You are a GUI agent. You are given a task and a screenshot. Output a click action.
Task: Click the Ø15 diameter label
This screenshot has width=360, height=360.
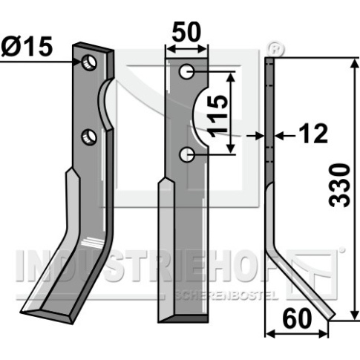click(x=27, y=46)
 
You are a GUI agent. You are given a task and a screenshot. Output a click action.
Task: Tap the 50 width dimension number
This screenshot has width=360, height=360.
click(x=186, y=32)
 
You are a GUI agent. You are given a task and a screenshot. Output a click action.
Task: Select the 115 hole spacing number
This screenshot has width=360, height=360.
click(x=218, y=117)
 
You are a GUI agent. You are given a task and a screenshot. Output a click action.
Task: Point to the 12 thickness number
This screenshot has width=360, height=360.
click(x=313, y=134)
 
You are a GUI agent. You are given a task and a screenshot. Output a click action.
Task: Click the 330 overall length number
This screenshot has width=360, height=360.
click(x=339, y=186)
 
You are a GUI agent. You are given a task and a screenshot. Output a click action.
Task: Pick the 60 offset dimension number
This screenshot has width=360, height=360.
click(x=297, y=318)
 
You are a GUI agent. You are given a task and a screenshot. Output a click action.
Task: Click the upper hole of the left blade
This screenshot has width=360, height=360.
click(x=89, y=63)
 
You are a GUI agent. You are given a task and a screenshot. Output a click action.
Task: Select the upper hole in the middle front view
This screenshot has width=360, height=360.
click(x=186, y=72)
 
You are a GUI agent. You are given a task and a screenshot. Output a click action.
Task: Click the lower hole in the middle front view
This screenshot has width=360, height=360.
click(x=186, y=154)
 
